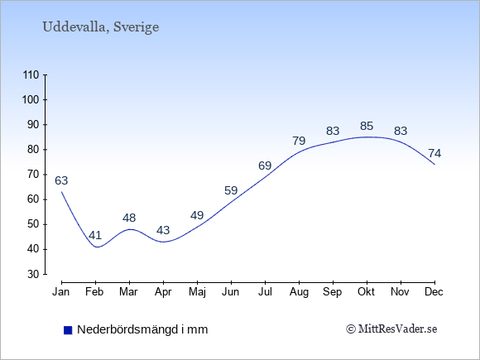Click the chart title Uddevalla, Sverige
pyautogui.click(x=101, y=27)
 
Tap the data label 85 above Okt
pyautogui.click(x=367, y=126)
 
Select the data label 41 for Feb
pyautogui.click(x=95, y=235)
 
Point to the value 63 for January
pyautogui.click(x=61, y=180)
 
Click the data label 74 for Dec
pyautogui.click(x=434, y=153)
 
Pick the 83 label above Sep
pyautogui.click(x=333, y=131)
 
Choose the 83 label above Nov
pyautogui.click(x=401, y=131)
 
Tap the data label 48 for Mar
pyautogui.click(x=129, y=218)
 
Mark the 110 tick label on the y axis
pyautogui.click(x=31, y=75)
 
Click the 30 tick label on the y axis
pyautogui.click(x=33, y=274)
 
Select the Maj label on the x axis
pyautogui.click(x=197, y=292)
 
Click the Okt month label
pyautogui.click(x=367, y=292)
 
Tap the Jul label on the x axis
pyautogui.click(x=265, y=292)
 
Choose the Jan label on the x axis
pyautogui.click(x=61, y=292)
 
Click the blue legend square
pyautogui.click(x=68, y=330)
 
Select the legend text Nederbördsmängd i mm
pyautogui.click(x=142, y=329)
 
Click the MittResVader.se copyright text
pyautogui.click(x=391, y=329)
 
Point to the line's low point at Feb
pyautogui.click(x=97, y=247)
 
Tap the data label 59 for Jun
pyautogui.click(x=231, y=190)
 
